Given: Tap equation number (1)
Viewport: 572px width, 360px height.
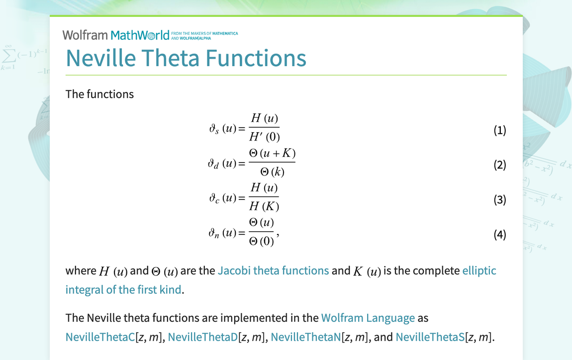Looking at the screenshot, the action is coord(500,130).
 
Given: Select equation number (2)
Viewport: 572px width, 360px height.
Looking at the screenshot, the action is coord(500,165).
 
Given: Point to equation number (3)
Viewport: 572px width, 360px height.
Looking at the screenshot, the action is coord(500,199).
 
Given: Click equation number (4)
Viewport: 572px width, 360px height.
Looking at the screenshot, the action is coord(500,234).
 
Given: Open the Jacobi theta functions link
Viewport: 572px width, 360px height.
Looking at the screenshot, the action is coord(273,270).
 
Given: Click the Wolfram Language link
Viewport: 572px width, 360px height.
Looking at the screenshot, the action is coord(368,318).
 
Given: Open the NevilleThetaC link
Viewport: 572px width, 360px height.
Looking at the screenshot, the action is coord(100,337).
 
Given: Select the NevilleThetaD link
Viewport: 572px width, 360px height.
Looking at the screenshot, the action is coord(203,337).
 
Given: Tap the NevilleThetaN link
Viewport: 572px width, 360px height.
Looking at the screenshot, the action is coord(306,337).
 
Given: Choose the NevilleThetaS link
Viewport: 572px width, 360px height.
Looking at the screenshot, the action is coord(430,337).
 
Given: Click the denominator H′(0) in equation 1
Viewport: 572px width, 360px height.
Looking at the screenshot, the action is coord(265,137).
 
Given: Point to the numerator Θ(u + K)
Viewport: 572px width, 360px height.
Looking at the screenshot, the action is coord(272,153).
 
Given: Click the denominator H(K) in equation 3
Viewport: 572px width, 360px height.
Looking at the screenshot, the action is coord(264,206).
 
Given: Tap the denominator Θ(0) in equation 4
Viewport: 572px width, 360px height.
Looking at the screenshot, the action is coord(261,241).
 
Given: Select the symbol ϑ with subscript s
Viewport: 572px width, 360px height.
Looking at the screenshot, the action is coord(214,129).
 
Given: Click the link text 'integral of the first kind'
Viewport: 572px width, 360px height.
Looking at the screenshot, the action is coord(123,289).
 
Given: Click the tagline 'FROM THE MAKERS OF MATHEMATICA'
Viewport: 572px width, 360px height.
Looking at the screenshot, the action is coord(204,33).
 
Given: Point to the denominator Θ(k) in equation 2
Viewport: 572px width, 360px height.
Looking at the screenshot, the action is coord(272,172).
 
